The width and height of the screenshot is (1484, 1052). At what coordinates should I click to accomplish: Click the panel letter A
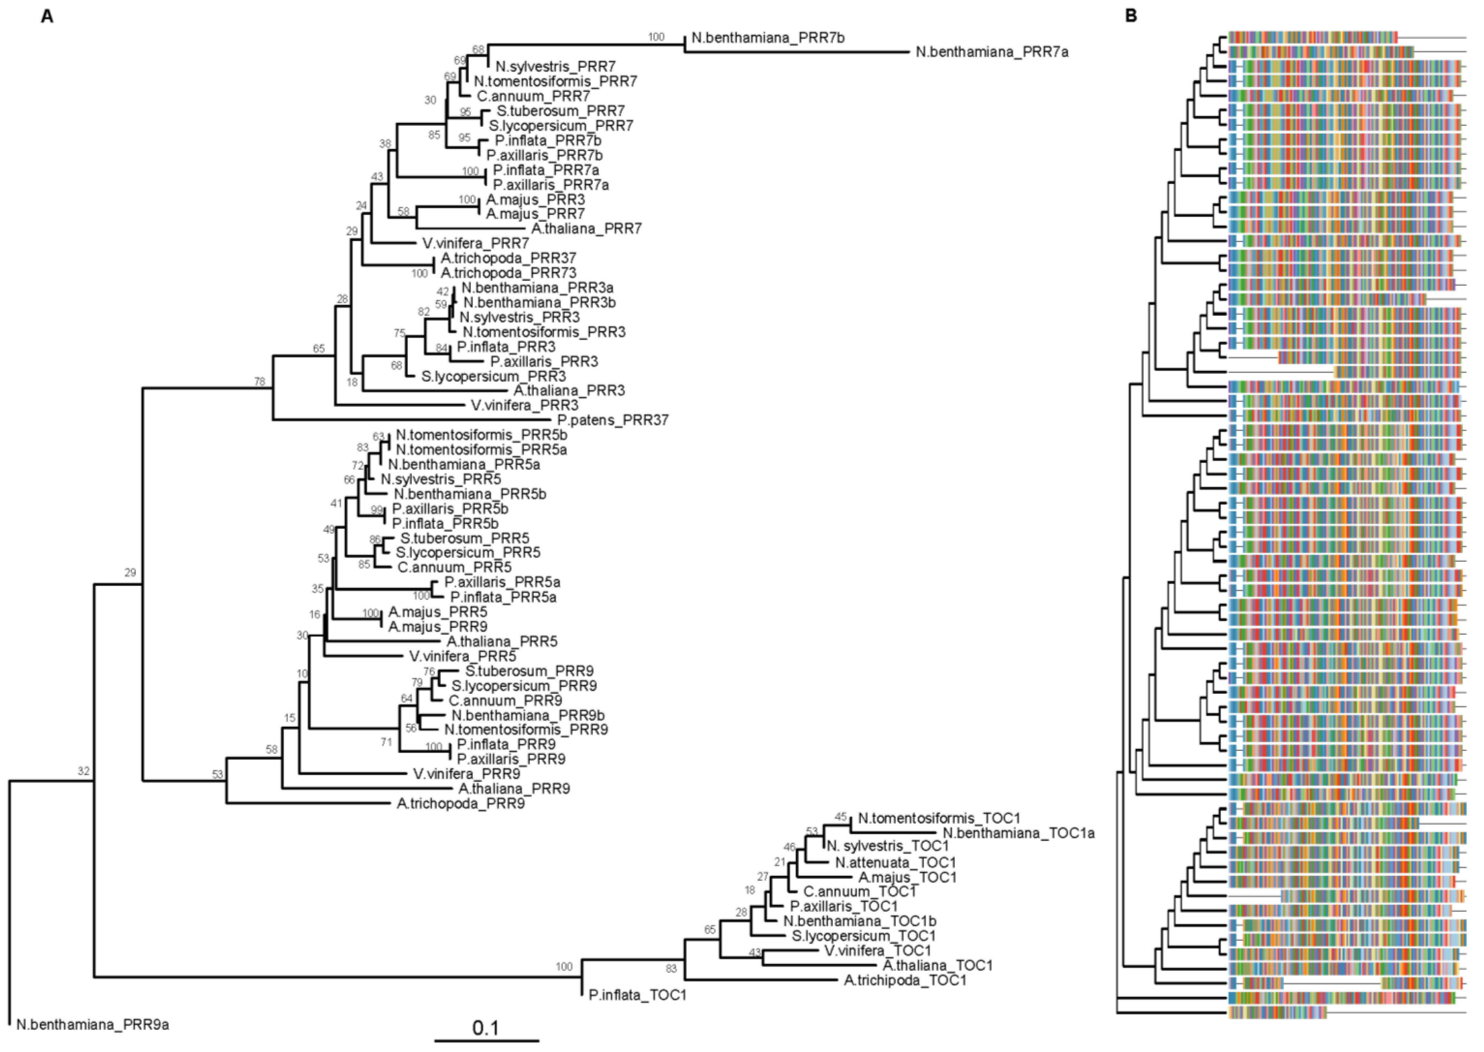click(47, 16)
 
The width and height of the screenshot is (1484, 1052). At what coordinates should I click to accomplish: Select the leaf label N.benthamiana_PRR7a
click(992, 53)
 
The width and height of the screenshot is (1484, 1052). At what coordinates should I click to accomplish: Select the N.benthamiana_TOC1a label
click(1019, 833)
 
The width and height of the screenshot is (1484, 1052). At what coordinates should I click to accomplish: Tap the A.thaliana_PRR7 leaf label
click(587, 229)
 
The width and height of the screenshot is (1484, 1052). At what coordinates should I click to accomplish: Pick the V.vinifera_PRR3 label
click(524, 406)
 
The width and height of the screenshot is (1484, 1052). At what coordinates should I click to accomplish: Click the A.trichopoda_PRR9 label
click(460, 804)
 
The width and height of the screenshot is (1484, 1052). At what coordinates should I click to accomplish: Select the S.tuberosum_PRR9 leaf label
click(529, 671)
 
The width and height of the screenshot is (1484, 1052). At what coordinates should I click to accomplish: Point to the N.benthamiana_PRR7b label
click(768, 37)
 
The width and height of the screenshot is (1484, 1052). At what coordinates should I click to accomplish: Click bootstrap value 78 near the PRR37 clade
click(260, 382)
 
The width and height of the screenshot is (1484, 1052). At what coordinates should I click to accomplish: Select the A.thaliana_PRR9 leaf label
click(514, 789)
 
